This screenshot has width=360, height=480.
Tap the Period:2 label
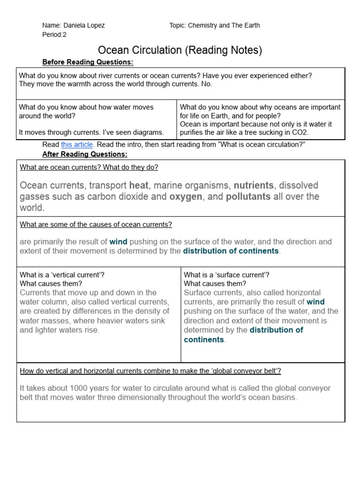click(x=54, y=35)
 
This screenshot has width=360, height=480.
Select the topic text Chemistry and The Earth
click(x=224, y=25)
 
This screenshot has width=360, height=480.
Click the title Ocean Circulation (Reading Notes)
click(x=180, y=50)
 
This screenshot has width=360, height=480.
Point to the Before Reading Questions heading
click(x=88, y=62)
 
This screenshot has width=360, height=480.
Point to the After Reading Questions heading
click(x=85, y=154)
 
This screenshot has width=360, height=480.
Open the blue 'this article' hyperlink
click(x=77, y=145)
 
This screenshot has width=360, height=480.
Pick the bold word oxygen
click(x=186, y=196)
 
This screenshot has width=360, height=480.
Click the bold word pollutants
click(x=248, y=196)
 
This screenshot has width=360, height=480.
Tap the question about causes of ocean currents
click(x=96, y=225)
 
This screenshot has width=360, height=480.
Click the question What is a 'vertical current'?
click(x=59, y=275)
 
